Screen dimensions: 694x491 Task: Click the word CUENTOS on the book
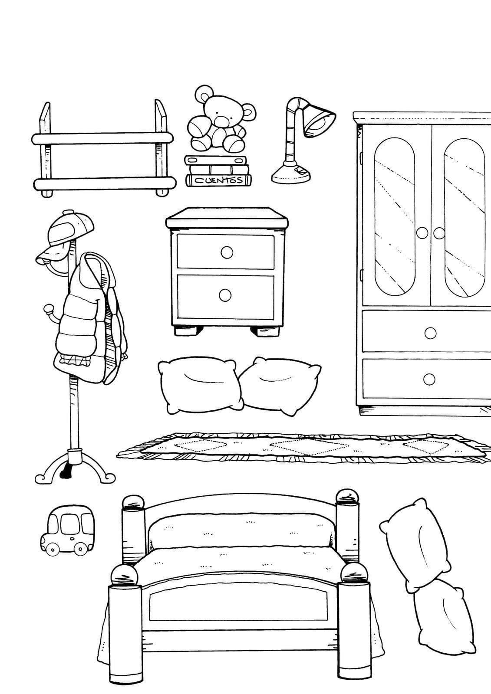click(218, 180)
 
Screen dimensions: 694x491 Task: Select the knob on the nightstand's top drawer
click(227, 252)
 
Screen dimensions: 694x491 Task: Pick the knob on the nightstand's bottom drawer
click(225, 295)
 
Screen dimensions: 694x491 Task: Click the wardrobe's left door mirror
click(394, 217)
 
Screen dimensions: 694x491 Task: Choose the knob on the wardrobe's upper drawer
click(430, 333)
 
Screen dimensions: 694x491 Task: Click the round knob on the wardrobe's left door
click(422, 233)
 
